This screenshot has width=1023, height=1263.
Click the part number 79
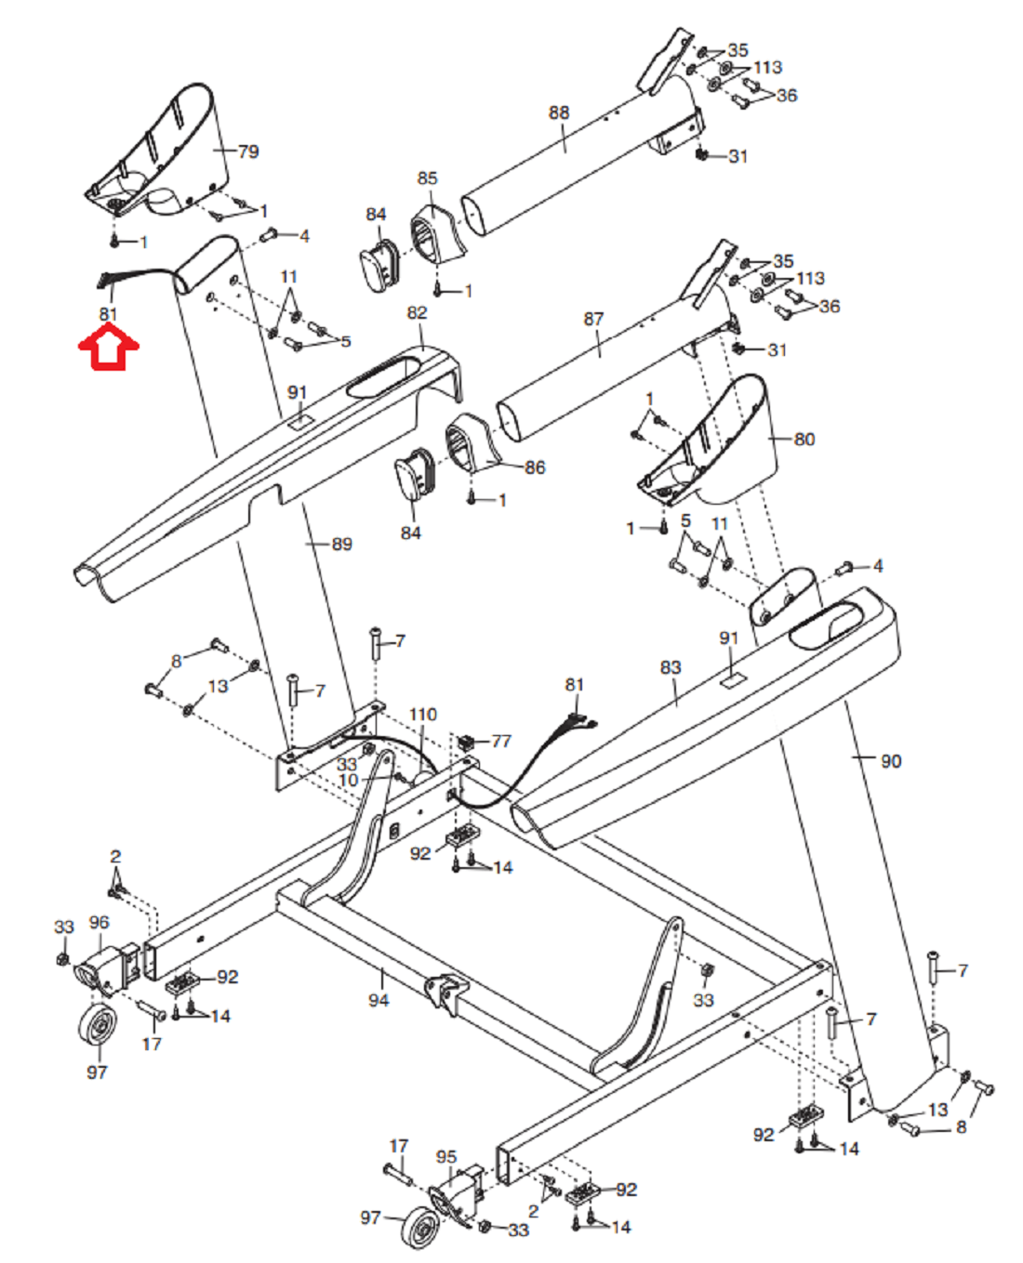click(248, 151)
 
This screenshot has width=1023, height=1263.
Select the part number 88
click(558, 112)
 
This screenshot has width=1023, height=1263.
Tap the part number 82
click(417, 312)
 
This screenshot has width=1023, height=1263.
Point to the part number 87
click(592, 319)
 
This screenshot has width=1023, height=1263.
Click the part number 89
click(342, 544)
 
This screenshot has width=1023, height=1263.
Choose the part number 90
click(891, 761)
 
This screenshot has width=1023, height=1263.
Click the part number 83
click(671, 667)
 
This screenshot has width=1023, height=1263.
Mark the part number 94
click(379, 1000)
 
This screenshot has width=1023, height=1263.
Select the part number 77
click(501, 742)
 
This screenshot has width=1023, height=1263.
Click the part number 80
click(804, 440)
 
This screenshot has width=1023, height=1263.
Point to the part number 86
click(535, 467)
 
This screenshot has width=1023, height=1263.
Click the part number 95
click(446, 1157)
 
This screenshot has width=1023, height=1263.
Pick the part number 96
click(100, 922)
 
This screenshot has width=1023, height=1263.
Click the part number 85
click(427, 178)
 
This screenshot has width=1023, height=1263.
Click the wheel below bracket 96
click(98, 1025)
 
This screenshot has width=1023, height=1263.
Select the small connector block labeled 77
click(466, 742)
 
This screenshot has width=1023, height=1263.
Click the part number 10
click(349, 780)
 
